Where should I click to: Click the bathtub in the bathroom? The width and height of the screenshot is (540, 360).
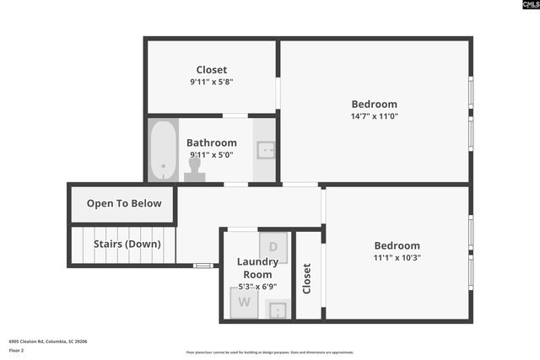pos(163,149)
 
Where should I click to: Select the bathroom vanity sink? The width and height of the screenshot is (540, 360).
pos(264,151)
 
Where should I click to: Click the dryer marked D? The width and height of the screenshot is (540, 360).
pos(273,247)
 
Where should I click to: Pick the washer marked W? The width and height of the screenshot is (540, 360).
pos(245,302)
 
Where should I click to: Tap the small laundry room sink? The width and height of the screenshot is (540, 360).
pos(278,309)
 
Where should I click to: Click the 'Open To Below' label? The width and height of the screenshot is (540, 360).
pos(124,203)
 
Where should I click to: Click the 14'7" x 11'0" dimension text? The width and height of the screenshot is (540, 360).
pos(375,116)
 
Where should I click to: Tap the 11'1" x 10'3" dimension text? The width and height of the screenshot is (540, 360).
pos(397,258)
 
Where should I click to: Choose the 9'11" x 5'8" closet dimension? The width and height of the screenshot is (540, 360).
pos(211,82)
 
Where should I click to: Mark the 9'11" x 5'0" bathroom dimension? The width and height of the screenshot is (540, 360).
pos(211,154)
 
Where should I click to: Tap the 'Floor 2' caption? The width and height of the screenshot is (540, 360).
pos(17,350)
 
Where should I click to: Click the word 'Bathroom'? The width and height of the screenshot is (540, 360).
pos(212,142)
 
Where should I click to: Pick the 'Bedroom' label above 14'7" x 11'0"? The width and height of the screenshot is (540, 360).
pos(375,105)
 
